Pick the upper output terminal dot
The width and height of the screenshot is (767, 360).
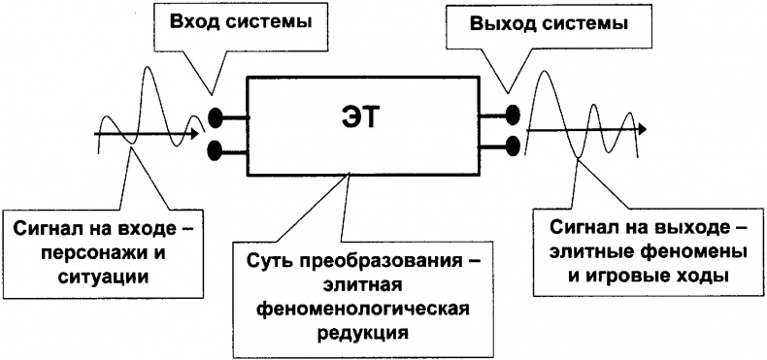511,117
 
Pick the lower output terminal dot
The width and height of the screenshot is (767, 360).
511,147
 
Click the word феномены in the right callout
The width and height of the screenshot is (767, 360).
692,251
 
